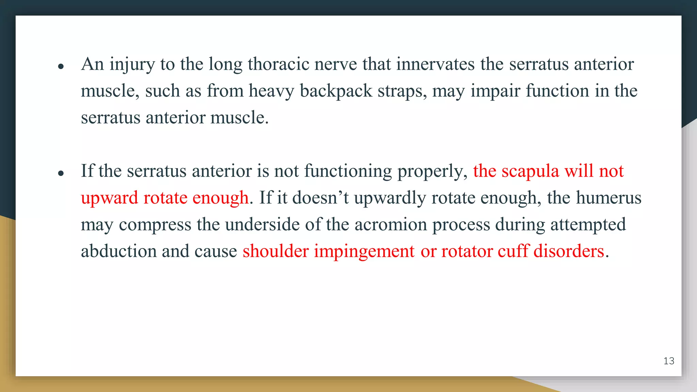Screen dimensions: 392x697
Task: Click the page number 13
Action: tap(669, 361)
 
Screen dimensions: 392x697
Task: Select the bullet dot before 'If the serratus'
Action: tap(61, 174)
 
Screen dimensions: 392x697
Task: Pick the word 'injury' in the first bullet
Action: tap(132, 64)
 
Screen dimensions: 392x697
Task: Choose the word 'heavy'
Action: tap(271, 91)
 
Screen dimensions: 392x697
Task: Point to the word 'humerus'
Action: tap(609, 198)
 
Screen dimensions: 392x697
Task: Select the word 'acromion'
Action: tap(391, 225)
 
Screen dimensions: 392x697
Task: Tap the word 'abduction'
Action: tap(118, 251)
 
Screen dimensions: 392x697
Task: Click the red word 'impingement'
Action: tap(364, 251)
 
